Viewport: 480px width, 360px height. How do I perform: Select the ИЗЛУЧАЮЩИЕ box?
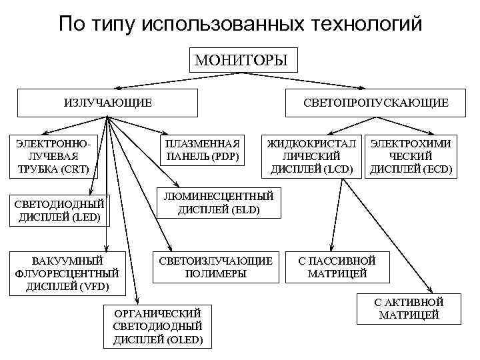pos(108,103)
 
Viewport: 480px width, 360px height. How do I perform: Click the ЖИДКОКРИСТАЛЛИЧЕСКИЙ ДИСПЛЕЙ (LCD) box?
pos(311,157)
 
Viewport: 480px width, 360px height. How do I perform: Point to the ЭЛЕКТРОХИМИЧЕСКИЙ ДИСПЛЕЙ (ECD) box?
pos(411,157)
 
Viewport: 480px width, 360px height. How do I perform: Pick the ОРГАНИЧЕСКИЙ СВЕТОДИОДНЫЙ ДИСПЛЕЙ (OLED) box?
pos(158,327)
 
